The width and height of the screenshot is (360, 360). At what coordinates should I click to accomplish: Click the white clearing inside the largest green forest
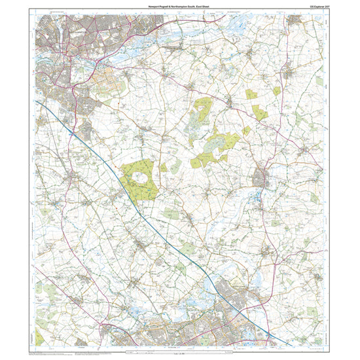139,177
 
